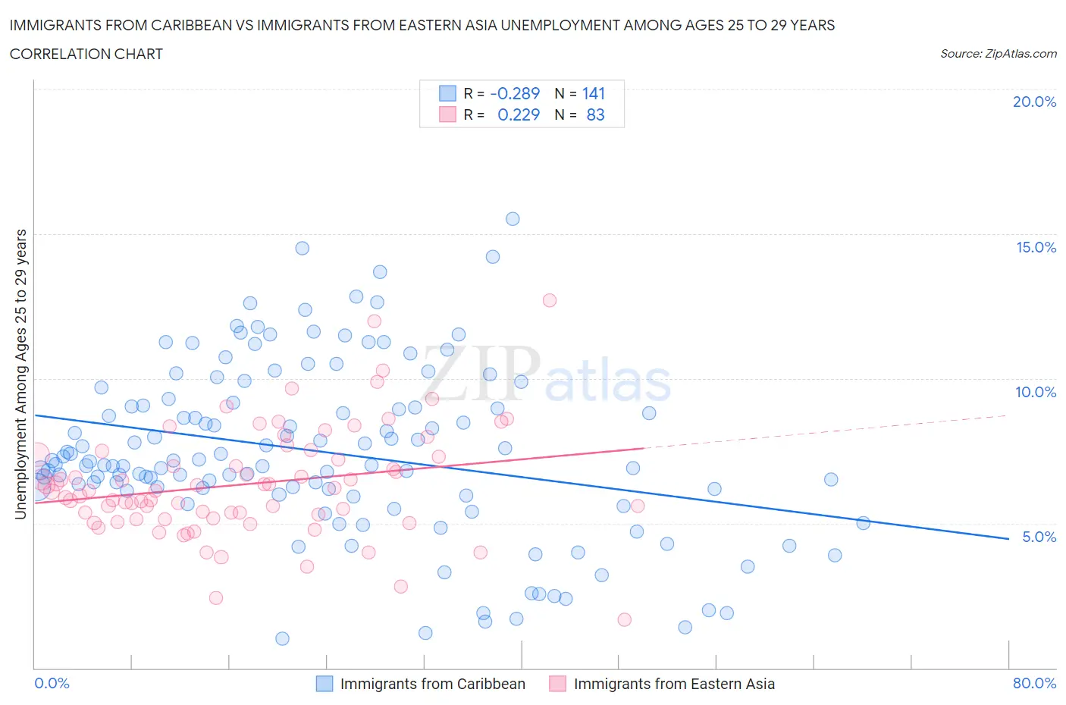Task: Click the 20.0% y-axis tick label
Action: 1034,102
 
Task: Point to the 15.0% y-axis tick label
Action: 1036,247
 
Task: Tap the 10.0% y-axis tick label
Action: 1036,392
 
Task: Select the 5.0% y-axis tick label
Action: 1039,537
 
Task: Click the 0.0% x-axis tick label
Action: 52,683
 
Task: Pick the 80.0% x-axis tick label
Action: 1034,683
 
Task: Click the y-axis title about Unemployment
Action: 20,374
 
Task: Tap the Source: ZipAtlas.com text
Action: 998,53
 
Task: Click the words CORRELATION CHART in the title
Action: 86,54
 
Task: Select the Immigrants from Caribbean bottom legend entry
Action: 432,684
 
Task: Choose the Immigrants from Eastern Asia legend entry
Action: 674,684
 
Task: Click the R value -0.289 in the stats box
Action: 515,93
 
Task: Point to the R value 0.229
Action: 519,114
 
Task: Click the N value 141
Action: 594,93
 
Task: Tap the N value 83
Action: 595,114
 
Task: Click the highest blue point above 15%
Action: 513,219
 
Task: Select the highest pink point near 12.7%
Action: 550,300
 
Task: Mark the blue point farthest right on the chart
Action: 863,523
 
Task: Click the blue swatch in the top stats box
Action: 447,93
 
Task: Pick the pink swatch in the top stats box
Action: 447,114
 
